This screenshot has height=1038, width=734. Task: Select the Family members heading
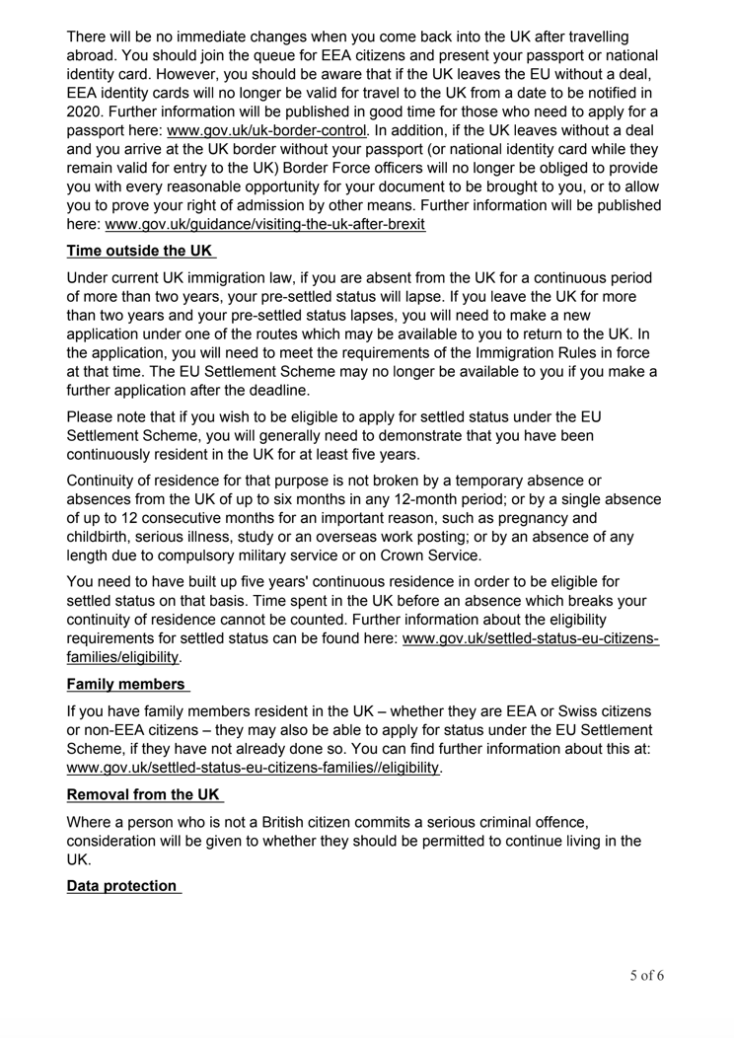coord(125,683)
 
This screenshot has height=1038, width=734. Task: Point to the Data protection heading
coord(122,886)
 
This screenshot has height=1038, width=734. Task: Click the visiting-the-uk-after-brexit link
coord(271,225)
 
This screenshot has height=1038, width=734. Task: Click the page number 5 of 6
coord(647,976)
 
